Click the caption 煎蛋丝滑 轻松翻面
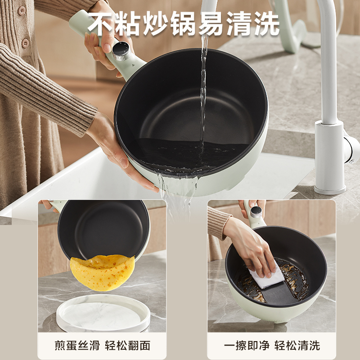coord(102,345)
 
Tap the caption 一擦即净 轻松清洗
coord(272,345)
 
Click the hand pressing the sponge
coord(252,245)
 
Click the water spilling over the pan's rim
coord(178,189)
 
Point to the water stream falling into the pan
coord(203,90)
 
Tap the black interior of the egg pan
coord(103,229)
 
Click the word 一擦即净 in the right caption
coord(247,345)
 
